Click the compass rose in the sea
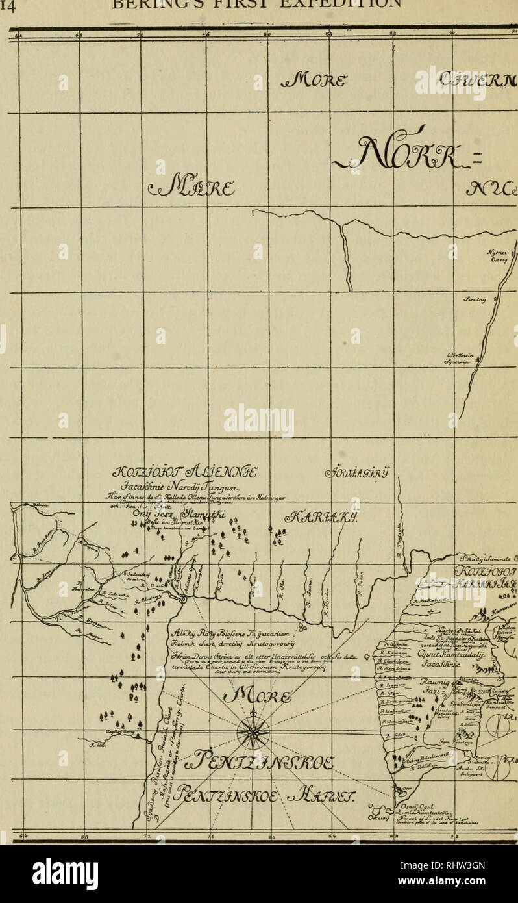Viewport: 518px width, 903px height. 253,733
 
